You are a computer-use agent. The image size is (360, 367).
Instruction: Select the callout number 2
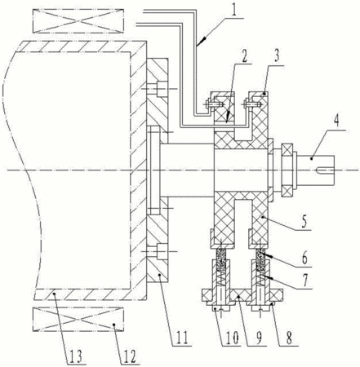pos(244,55)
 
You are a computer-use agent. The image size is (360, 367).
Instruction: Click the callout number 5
pos(304,222)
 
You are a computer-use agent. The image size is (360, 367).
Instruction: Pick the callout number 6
pos(304,258)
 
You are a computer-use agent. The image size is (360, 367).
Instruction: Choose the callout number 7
pos(305,281)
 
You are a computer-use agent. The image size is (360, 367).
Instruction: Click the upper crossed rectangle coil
pos(78,21)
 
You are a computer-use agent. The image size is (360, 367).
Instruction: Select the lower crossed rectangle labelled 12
pos(78,320)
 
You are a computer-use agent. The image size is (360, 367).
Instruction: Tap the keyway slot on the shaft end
pos(325,170)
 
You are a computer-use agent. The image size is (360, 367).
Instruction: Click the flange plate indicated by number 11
pos(158,170)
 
